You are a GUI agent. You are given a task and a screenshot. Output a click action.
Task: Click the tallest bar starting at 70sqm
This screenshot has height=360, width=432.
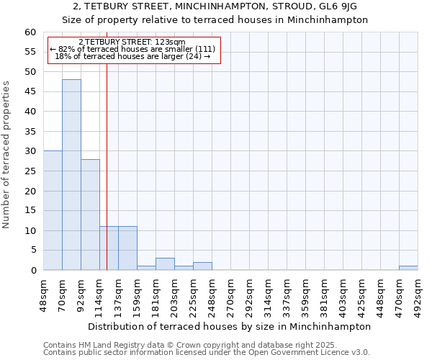click(x=71, y=175)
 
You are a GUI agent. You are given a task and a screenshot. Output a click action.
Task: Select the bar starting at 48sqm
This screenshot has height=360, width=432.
click(x=53, y=210)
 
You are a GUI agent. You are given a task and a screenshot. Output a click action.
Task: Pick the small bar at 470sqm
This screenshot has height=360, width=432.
click(x=408, y=268)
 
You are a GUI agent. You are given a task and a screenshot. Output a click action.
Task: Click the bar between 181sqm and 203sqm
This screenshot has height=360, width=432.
click(x=165, y=264)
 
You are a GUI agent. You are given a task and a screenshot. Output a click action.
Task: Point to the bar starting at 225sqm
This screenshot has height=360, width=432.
click(x=202, y=266)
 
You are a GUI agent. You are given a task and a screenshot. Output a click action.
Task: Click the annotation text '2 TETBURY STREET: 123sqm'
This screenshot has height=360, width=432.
click(x=132, y=42)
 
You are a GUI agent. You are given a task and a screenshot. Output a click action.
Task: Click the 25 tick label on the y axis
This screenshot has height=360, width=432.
click(x=30, y=171)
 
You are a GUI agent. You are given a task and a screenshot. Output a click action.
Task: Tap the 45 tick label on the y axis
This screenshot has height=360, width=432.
click(x=30, y=92)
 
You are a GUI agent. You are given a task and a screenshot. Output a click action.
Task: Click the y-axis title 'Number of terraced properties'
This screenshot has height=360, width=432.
click(x=7, y=155)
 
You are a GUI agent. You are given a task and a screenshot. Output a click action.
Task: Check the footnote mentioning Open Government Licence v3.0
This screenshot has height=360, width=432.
click(x=207, y=353)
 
